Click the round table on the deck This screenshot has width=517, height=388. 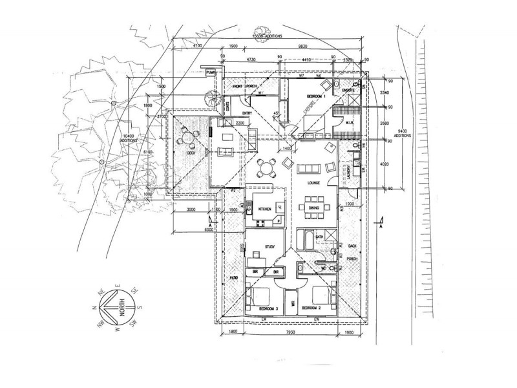(x=187, y=138)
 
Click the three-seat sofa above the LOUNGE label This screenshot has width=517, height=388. (x=308, y=169)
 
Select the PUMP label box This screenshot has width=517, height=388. (x=211, y=73)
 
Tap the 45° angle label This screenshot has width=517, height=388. (x=277, y=114)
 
